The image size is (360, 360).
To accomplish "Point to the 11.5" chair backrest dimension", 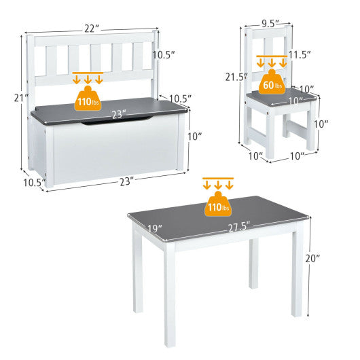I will [x=299, y=54].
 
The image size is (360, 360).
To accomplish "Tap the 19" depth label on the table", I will [x=156, y=229].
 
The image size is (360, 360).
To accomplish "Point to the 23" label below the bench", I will [x=124, y=181].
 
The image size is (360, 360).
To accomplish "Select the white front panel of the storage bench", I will [x=119, y=149].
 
